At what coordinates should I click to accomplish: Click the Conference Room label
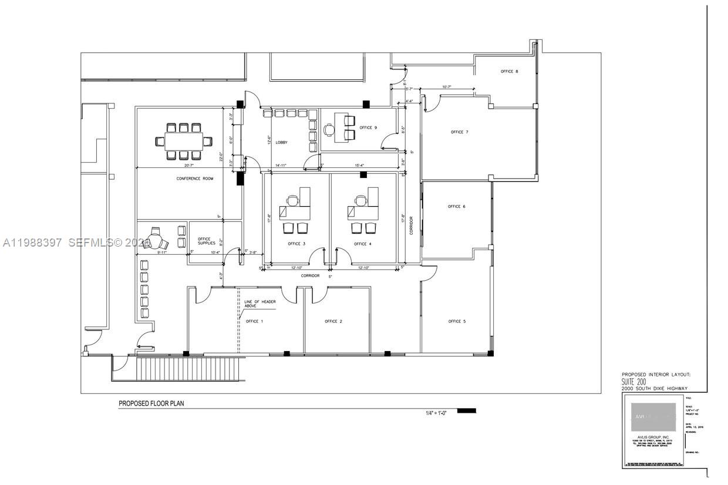point(195,178)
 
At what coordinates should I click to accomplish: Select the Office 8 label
point(509,72)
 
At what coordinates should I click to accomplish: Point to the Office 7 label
point(459,132)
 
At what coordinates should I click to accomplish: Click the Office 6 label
point(456,207)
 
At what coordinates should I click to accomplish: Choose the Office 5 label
point(457,321)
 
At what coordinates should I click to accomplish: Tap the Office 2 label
point(333,321)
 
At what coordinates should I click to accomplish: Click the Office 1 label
point(254,321)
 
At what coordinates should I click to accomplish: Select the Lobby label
point(281,143)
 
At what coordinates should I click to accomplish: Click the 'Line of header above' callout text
point(260,304)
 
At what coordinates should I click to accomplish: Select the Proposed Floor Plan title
point(151,403)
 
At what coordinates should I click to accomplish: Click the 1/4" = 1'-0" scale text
point(436,413)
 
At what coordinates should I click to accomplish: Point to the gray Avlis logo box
point(653,417)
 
